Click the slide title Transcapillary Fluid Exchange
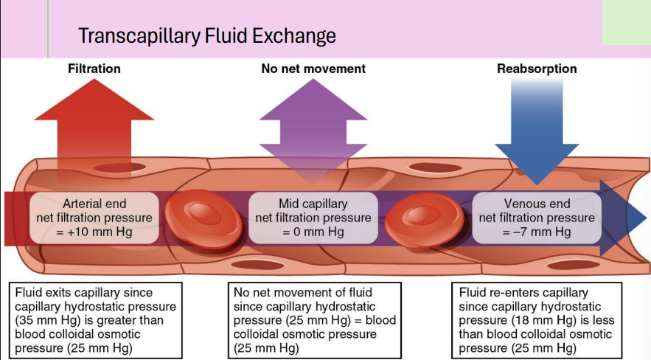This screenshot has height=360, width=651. point(206,35)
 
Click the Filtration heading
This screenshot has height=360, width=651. point(94,69)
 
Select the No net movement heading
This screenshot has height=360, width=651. point(313,69)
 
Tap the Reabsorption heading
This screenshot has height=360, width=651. point(536,69)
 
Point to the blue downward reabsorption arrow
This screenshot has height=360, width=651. point(536,133)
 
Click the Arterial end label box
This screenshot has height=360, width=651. point(94,218)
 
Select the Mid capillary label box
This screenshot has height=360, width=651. point(313,218)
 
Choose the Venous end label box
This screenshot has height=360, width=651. point(536,218)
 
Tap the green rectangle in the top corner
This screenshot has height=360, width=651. point(626,22)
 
